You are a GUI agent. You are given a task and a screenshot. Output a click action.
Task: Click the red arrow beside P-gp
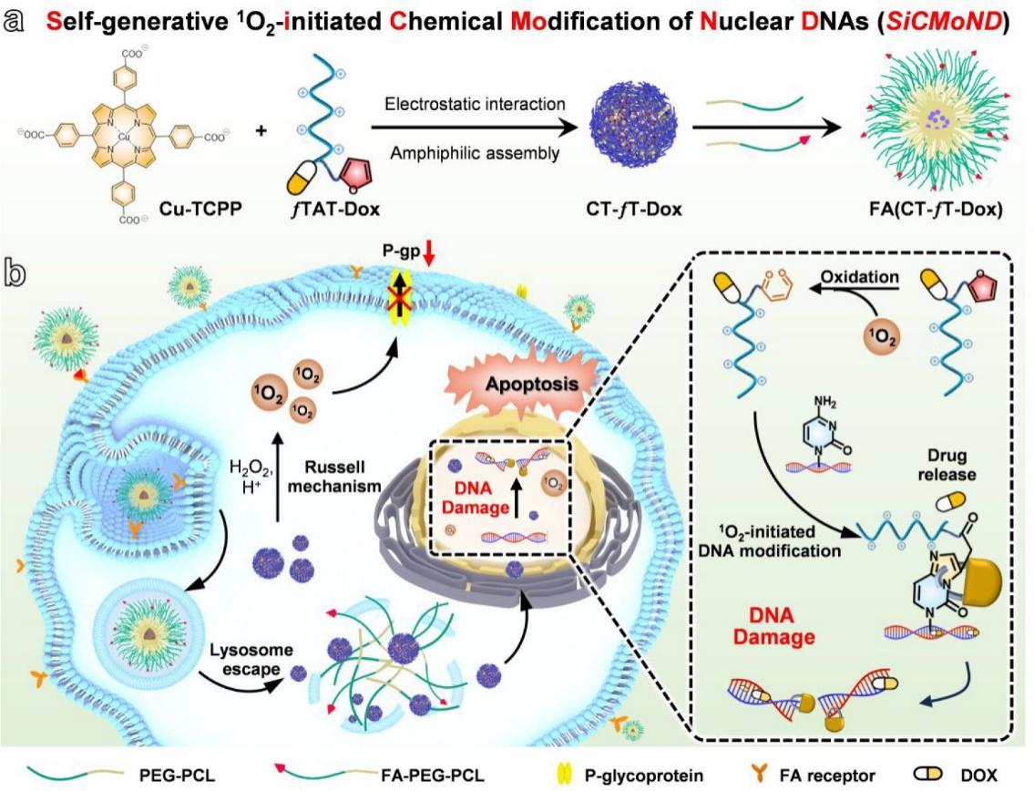click(430, 263)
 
